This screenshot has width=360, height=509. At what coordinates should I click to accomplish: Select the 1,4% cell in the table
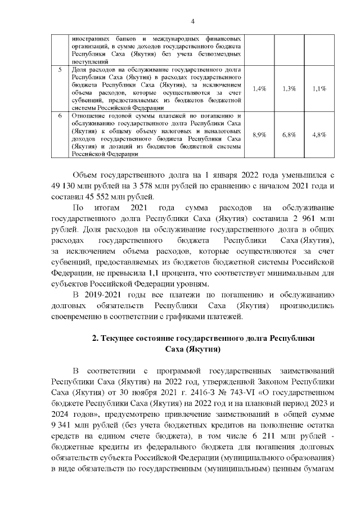259,89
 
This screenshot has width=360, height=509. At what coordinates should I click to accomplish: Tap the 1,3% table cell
289,89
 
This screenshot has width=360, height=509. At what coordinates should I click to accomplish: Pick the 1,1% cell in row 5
319,89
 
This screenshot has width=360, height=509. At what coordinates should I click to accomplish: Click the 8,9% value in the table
259,135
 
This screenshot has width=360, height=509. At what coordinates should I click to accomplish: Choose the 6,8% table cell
289,135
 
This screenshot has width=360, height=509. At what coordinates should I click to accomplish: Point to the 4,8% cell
319,135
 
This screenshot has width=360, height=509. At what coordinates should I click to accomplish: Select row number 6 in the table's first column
60,116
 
